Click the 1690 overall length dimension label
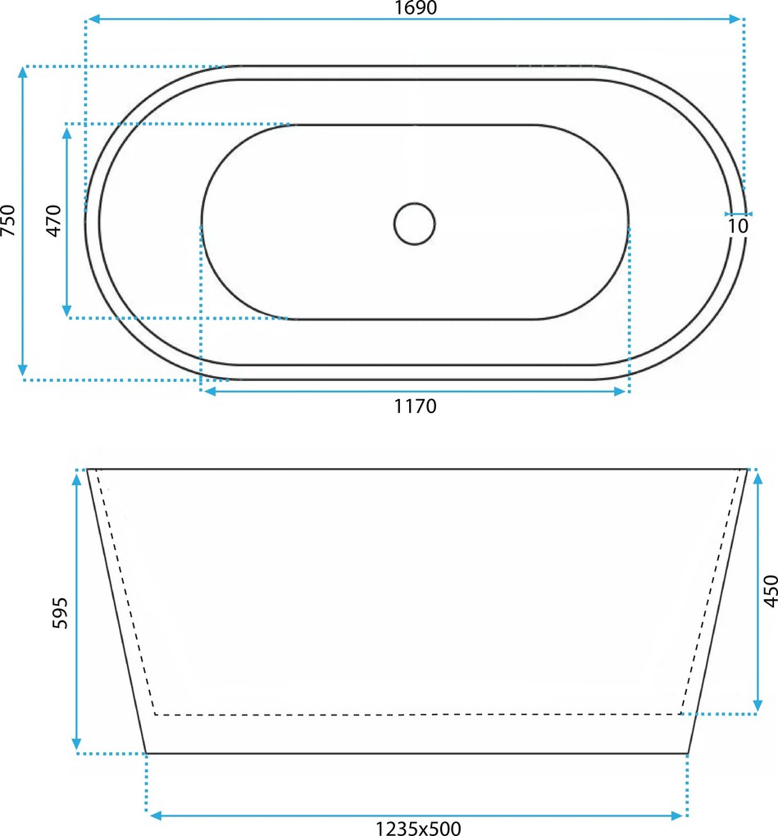(x=416, y=8)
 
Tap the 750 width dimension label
(x=8, y=220)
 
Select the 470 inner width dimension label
(x=54, y=220)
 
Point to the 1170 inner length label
(x=416, y=407)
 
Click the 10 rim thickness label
(x=738, y=226)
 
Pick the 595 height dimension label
(x=61, y=613)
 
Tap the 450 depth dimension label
(x=771, y=591)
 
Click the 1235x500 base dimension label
(x=418, y=828)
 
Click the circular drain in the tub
(x=414, y=224)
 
